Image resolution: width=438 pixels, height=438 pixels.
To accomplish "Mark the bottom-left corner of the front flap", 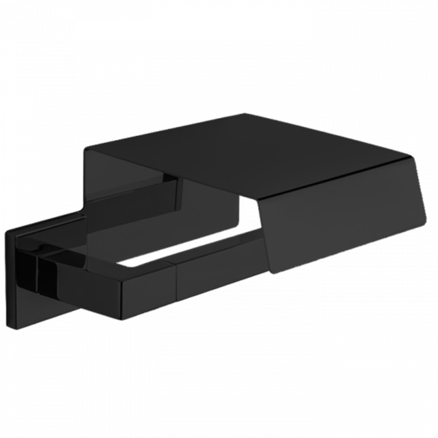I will [x=271, y=273].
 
